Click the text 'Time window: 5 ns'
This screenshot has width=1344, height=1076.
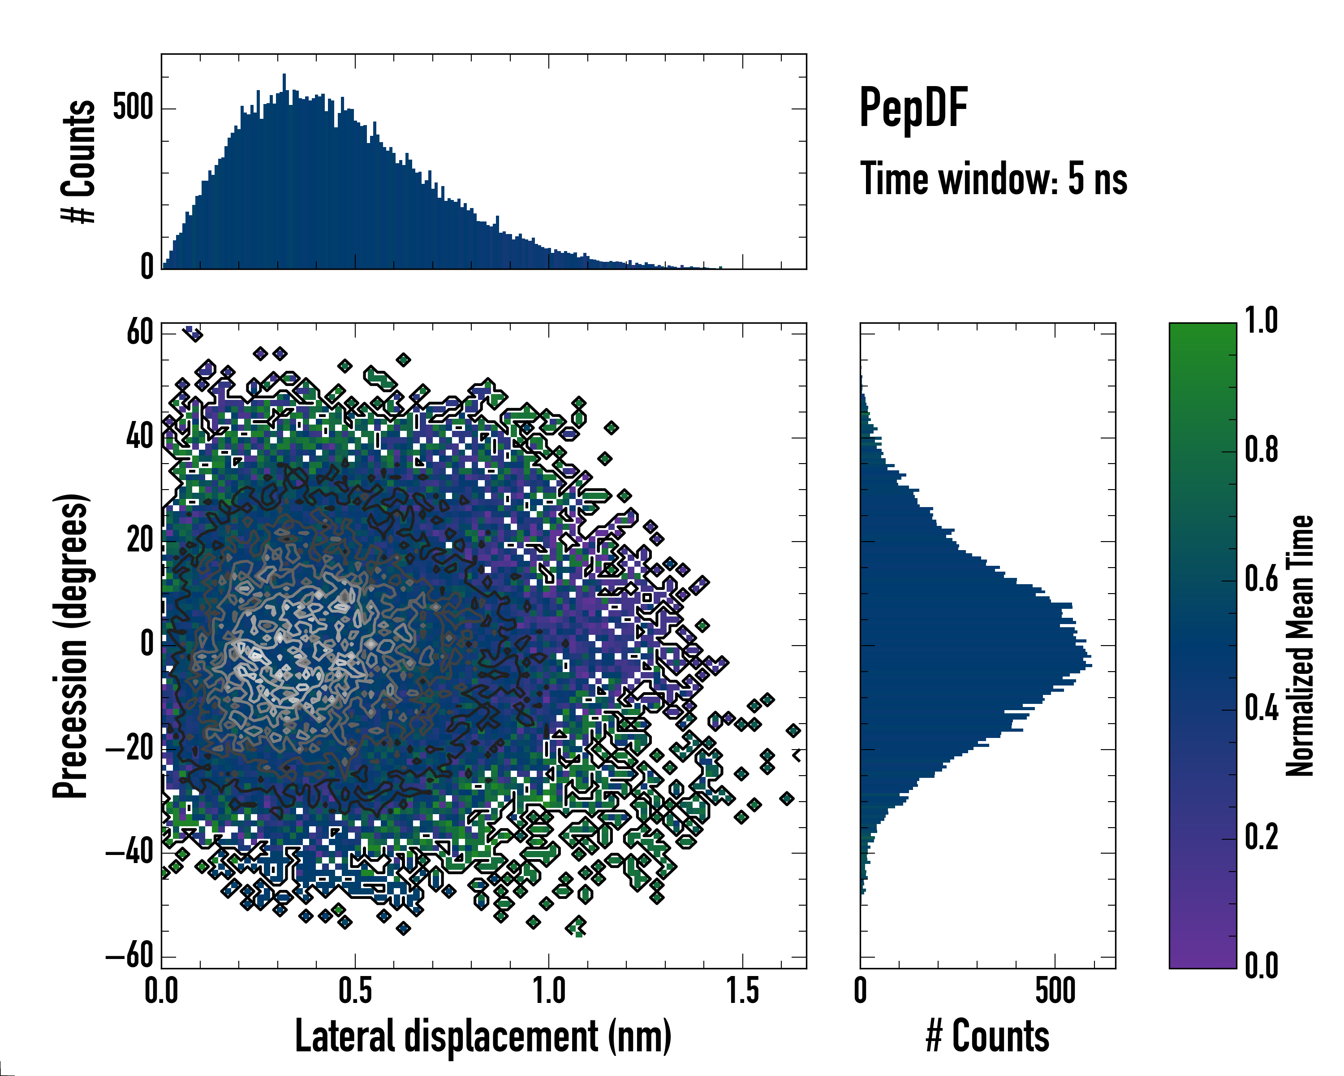(x=994, y=179)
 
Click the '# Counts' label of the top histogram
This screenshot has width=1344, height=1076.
(x=78, y=161)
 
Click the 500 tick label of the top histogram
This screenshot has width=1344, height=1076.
(x=133, y=108)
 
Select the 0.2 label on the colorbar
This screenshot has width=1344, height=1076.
(x=1261, y=837)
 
